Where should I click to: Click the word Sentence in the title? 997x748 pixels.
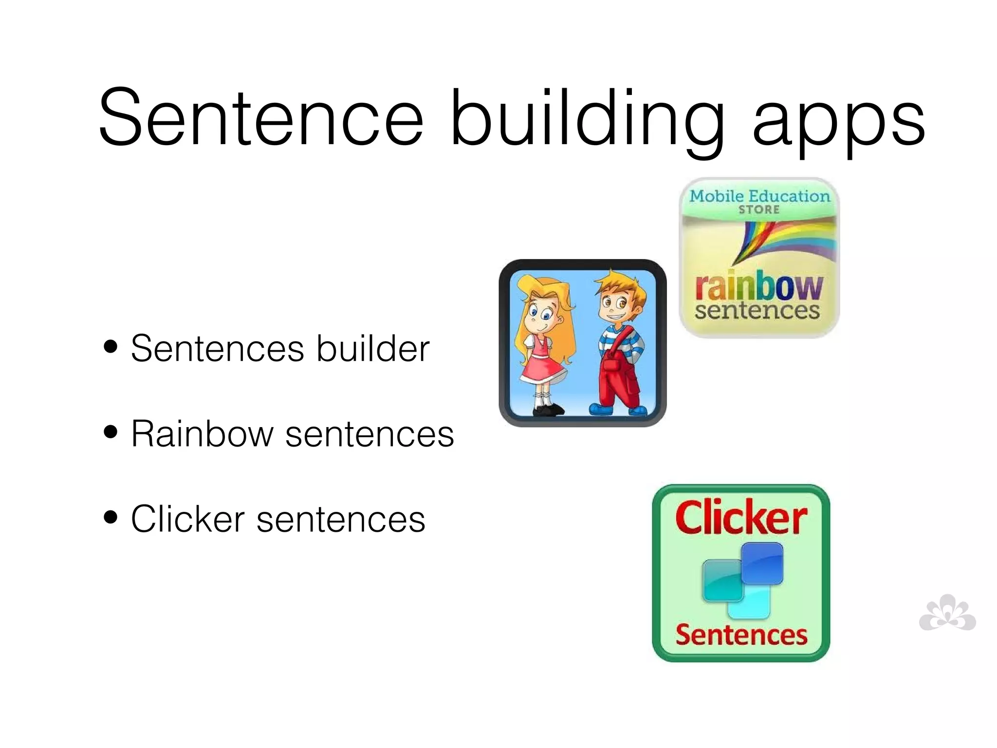(261, 118)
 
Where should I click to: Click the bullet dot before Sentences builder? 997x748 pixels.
(111, 346)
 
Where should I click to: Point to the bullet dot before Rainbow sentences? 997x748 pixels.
(111, 431)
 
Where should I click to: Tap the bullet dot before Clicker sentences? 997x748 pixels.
(111, 517)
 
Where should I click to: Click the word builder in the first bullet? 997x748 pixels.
(373, 349)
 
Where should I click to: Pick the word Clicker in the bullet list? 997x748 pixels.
(188, 519)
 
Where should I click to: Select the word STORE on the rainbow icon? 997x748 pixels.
(759, 210)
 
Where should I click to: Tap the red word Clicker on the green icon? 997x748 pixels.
(741, 517)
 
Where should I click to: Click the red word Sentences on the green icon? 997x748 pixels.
(741, 635)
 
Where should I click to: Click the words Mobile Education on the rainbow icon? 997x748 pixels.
(759, 196)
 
